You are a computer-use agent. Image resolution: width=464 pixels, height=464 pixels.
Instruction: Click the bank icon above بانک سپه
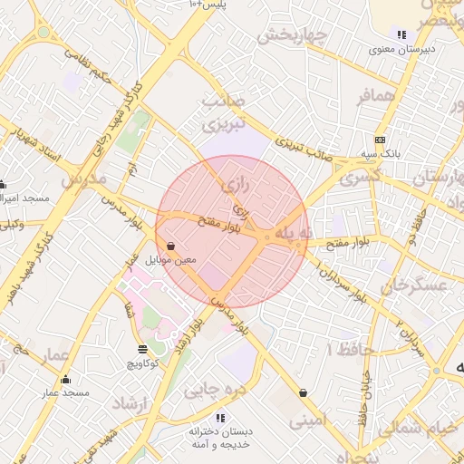[x=380, y=140]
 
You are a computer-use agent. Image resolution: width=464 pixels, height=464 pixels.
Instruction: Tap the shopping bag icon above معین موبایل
[x=171, y=246]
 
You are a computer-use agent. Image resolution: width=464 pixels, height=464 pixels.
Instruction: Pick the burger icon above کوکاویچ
[x=142, y=349]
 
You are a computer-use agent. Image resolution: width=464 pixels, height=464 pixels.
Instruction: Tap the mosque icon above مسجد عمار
[x=64, y=379]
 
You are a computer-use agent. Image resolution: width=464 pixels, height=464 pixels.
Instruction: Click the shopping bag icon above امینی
[x=303, y=392]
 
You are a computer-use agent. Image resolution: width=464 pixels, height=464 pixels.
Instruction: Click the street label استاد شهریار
[x=34, y=144]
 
